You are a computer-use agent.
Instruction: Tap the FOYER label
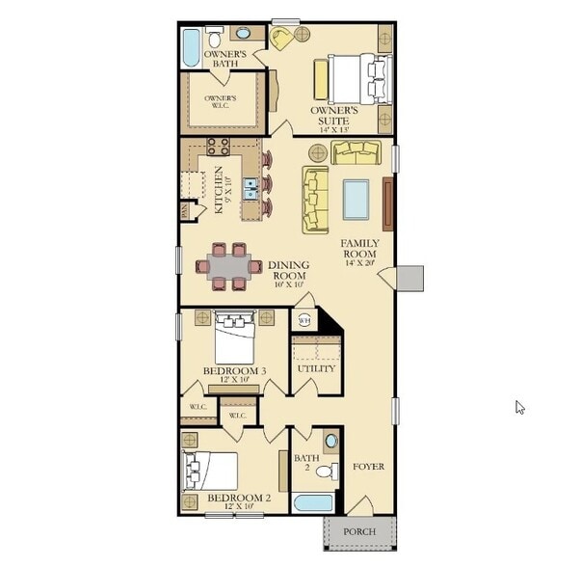tap(368, 467)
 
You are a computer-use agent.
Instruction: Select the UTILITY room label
tap(316, 369)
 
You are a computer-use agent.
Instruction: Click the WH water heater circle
tap(303, 320)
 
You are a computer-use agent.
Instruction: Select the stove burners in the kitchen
tap(218, 148)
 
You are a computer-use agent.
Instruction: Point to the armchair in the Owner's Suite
tap(282, 39)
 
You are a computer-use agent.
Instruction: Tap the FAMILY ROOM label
tap(361, 249)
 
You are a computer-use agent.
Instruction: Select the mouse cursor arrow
tap(519, 406)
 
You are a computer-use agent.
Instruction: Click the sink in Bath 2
tap(330, 442)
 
